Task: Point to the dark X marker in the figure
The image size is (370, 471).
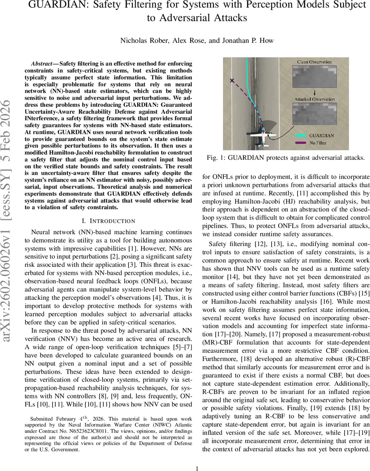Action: [232, 80]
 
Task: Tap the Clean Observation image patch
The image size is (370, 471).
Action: [314, 78]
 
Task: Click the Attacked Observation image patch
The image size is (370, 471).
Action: [314, 118]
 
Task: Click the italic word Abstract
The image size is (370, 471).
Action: [43, 64]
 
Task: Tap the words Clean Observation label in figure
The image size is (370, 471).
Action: [314, 62]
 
